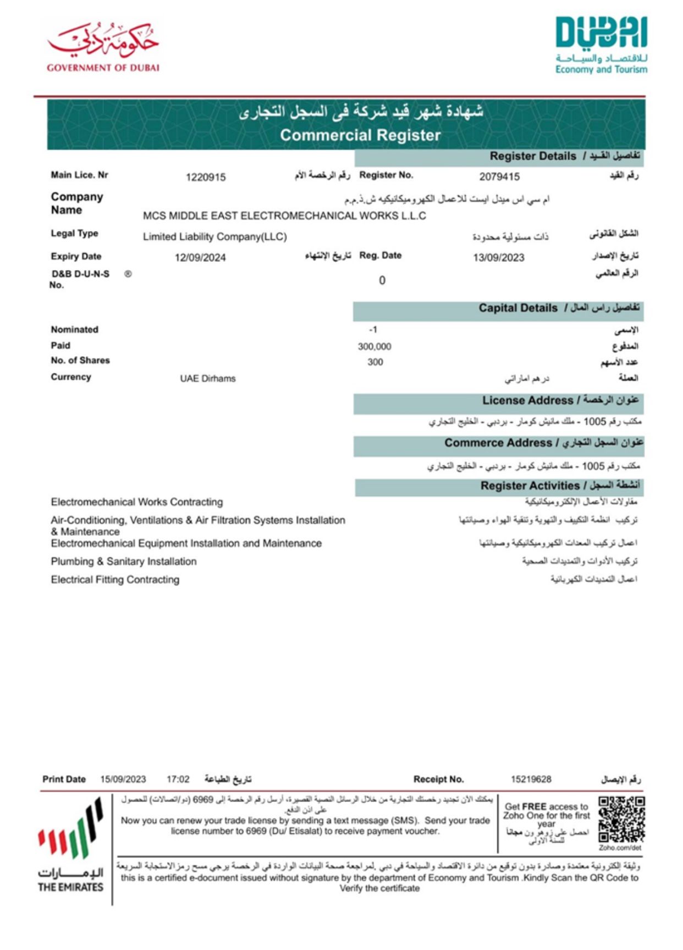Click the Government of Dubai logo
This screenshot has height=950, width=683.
[103, 47]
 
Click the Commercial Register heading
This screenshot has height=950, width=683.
[360, 135]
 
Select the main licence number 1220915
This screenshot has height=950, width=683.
[206, 177]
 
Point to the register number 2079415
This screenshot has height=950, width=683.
[499, 177]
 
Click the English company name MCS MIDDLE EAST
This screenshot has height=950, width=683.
[284, 216]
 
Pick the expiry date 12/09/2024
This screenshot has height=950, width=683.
[200, 257]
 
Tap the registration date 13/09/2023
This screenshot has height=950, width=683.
[499, 257]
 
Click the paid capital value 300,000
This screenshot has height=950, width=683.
[374, 347]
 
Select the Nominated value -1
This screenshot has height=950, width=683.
[373, 330]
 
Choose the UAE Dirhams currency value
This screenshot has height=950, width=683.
[208, 378]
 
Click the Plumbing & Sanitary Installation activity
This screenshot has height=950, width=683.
[124, 562]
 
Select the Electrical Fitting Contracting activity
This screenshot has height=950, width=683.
[115, 580]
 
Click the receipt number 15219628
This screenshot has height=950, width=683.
[531, 779]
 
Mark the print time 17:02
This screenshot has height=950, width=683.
[178, 779]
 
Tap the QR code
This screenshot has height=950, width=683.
[621, 820]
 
